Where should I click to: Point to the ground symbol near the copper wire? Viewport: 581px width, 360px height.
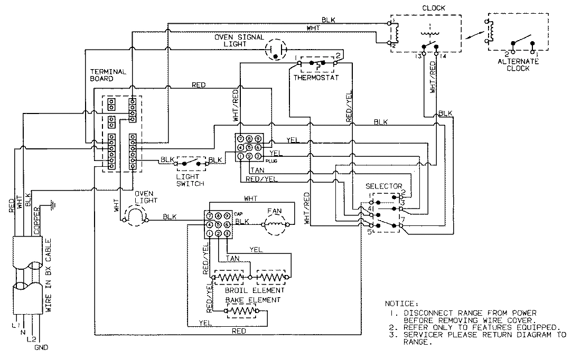51,204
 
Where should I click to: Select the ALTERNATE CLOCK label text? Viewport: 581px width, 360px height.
518,65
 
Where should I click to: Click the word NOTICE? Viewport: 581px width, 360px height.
401,305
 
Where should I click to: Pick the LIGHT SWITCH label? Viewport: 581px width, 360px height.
191,180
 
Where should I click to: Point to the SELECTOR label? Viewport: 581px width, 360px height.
384,187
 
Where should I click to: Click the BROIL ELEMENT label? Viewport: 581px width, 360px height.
253,290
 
